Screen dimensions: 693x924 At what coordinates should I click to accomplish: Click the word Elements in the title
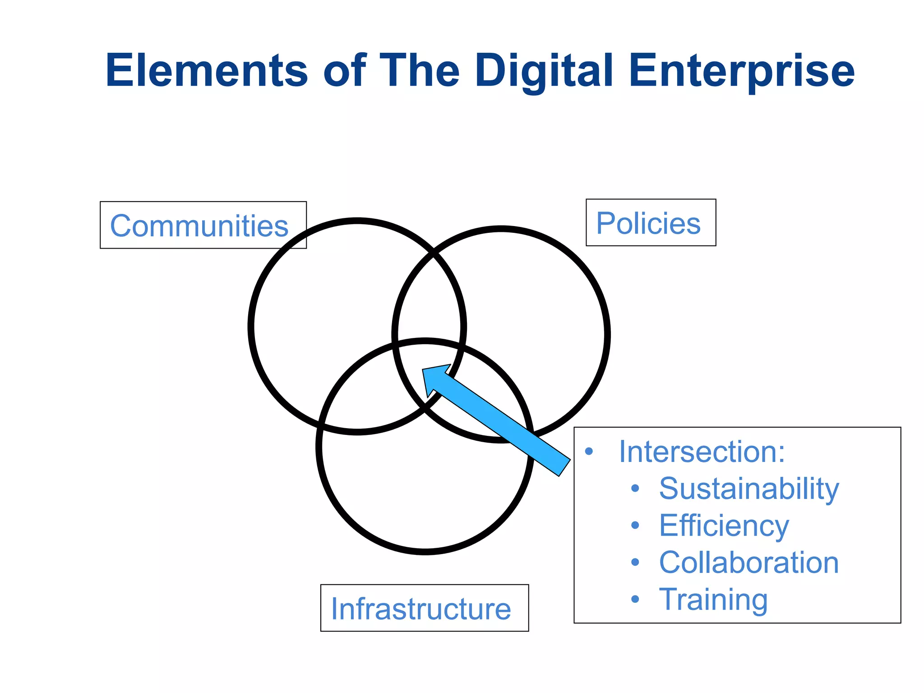[x=207, y=71]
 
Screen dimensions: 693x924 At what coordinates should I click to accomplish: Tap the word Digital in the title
[x=544, y=71]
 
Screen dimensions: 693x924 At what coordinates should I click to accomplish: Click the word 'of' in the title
[x=344, y=71]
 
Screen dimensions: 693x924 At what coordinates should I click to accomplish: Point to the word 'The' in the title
[x=420, y=71]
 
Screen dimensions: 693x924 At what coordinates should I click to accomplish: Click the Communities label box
[x=203, y=225]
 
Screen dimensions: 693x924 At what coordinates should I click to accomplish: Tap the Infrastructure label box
[x=424, y=608]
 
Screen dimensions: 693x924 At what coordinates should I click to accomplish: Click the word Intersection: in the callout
[x=702, y=451]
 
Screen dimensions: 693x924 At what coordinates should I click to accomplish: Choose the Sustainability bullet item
[x=749, y=489]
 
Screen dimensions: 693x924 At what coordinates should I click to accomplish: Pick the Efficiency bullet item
[x=724, y=526]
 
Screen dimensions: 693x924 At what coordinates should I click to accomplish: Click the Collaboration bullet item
[x=748, y=563]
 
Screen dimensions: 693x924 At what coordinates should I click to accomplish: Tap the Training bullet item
[x=713, y=600]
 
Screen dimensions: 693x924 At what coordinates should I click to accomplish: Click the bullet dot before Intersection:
[x=588, y=451]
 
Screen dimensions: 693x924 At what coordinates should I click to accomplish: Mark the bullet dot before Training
[x=635, y=599]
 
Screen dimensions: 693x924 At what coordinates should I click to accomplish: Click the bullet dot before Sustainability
[x=635, y=488]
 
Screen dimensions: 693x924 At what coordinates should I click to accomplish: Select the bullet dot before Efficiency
[x=635, y=525]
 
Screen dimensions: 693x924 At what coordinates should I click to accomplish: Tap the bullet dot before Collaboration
[x=635, y=562]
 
